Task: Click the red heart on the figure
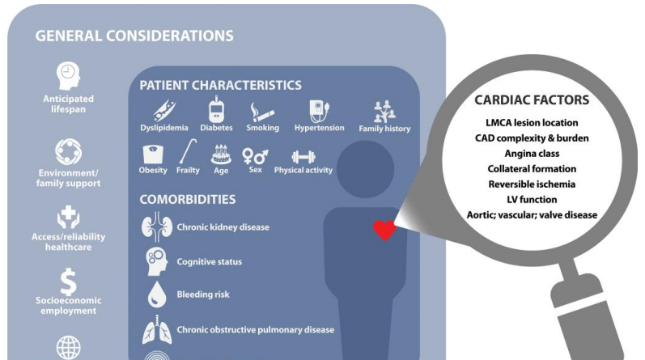384,230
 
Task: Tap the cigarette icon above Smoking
262,112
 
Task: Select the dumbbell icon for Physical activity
303,157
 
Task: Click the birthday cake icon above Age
221,155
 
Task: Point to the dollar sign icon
68,282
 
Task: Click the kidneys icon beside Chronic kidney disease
157,227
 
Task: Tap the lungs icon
157,329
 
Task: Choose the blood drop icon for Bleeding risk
157,294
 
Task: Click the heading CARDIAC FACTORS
532,100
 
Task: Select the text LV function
532,200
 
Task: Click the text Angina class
532,154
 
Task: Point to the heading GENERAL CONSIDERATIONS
134,36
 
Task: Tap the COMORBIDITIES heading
188,200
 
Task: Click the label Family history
384,129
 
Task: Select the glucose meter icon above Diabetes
216,109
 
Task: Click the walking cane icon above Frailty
188,151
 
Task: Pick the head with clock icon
68,76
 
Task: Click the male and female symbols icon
255,156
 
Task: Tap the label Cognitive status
210,261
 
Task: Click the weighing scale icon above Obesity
153,155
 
